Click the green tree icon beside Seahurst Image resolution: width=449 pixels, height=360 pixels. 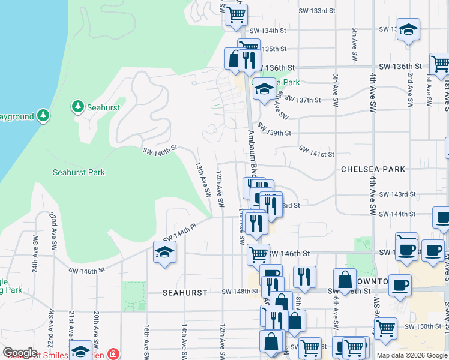[77, 107]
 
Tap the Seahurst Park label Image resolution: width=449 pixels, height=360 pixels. [79, 172]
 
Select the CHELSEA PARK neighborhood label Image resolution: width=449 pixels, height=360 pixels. [373, 169]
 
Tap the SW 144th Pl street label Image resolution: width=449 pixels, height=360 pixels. [180, 232]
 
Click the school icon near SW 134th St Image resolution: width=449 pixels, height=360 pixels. [408, 30]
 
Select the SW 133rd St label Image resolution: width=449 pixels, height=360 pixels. [316, 11]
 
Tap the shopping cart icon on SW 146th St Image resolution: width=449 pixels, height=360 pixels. [258, 254]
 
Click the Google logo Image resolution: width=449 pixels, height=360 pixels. [20, 353]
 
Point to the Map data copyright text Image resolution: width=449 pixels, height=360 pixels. [412, 355]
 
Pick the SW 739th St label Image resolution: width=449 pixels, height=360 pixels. [274, 133]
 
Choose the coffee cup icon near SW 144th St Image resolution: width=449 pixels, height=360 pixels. [442, 218]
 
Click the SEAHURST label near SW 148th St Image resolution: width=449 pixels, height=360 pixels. [185, 293]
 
